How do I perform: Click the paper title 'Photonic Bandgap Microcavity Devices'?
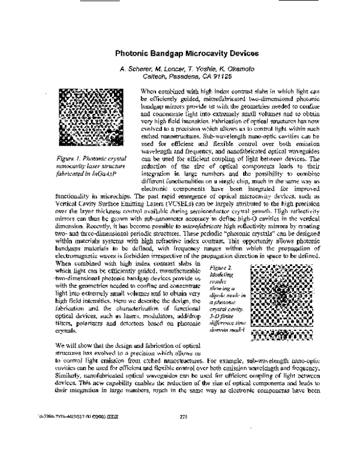(x=180, y=52)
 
